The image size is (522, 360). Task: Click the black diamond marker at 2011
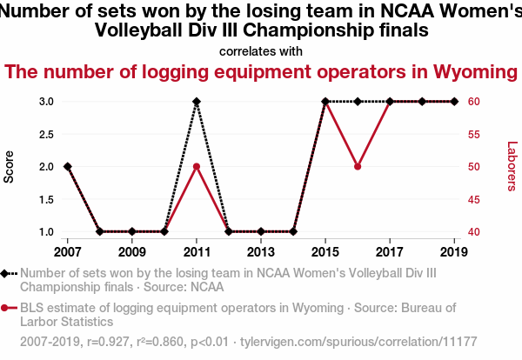(x=197, y=102)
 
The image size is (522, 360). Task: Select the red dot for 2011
(x=197, y=167)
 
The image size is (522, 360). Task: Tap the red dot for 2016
(x=358, y=167)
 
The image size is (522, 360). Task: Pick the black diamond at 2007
(x=68, y=167)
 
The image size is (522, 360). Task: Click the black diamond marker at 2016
(x=358, y=102)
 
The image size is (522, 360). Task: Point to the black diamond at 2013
(x=261, y=231)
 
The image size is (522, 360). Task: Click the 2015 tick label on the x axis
(x=325, y=252)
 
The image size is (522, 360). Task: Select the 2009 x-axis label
(x=132, y=252)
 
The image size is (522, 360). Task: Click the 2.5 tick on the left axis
(x=47, y=134)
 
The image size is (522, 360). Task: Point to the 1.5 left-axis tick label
(x=47, y=199)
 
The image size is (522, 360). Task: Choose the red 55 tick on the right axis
(x=475, y=134)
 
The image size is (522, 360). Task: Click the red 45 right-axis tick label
(x=475, y=199)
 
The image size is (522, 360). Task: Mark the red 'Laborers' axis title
(x=512, y=167)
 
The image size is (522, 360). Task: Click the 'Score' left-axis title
(x=10, y=167)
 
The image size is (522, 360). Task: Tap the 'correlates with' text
(x=261, y=51)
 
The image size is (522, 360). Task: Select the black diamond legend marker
(x=9, y=273)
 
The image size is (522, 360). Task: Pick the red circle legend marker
(x=9, y=308)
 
